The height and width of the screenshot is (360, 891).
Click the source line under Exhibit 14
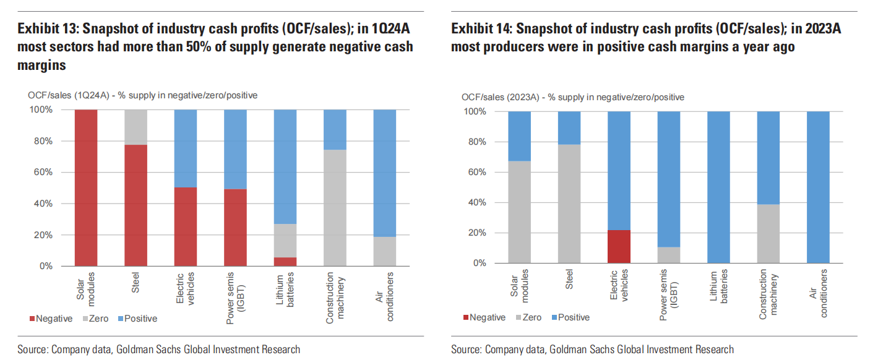[592, 349]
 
